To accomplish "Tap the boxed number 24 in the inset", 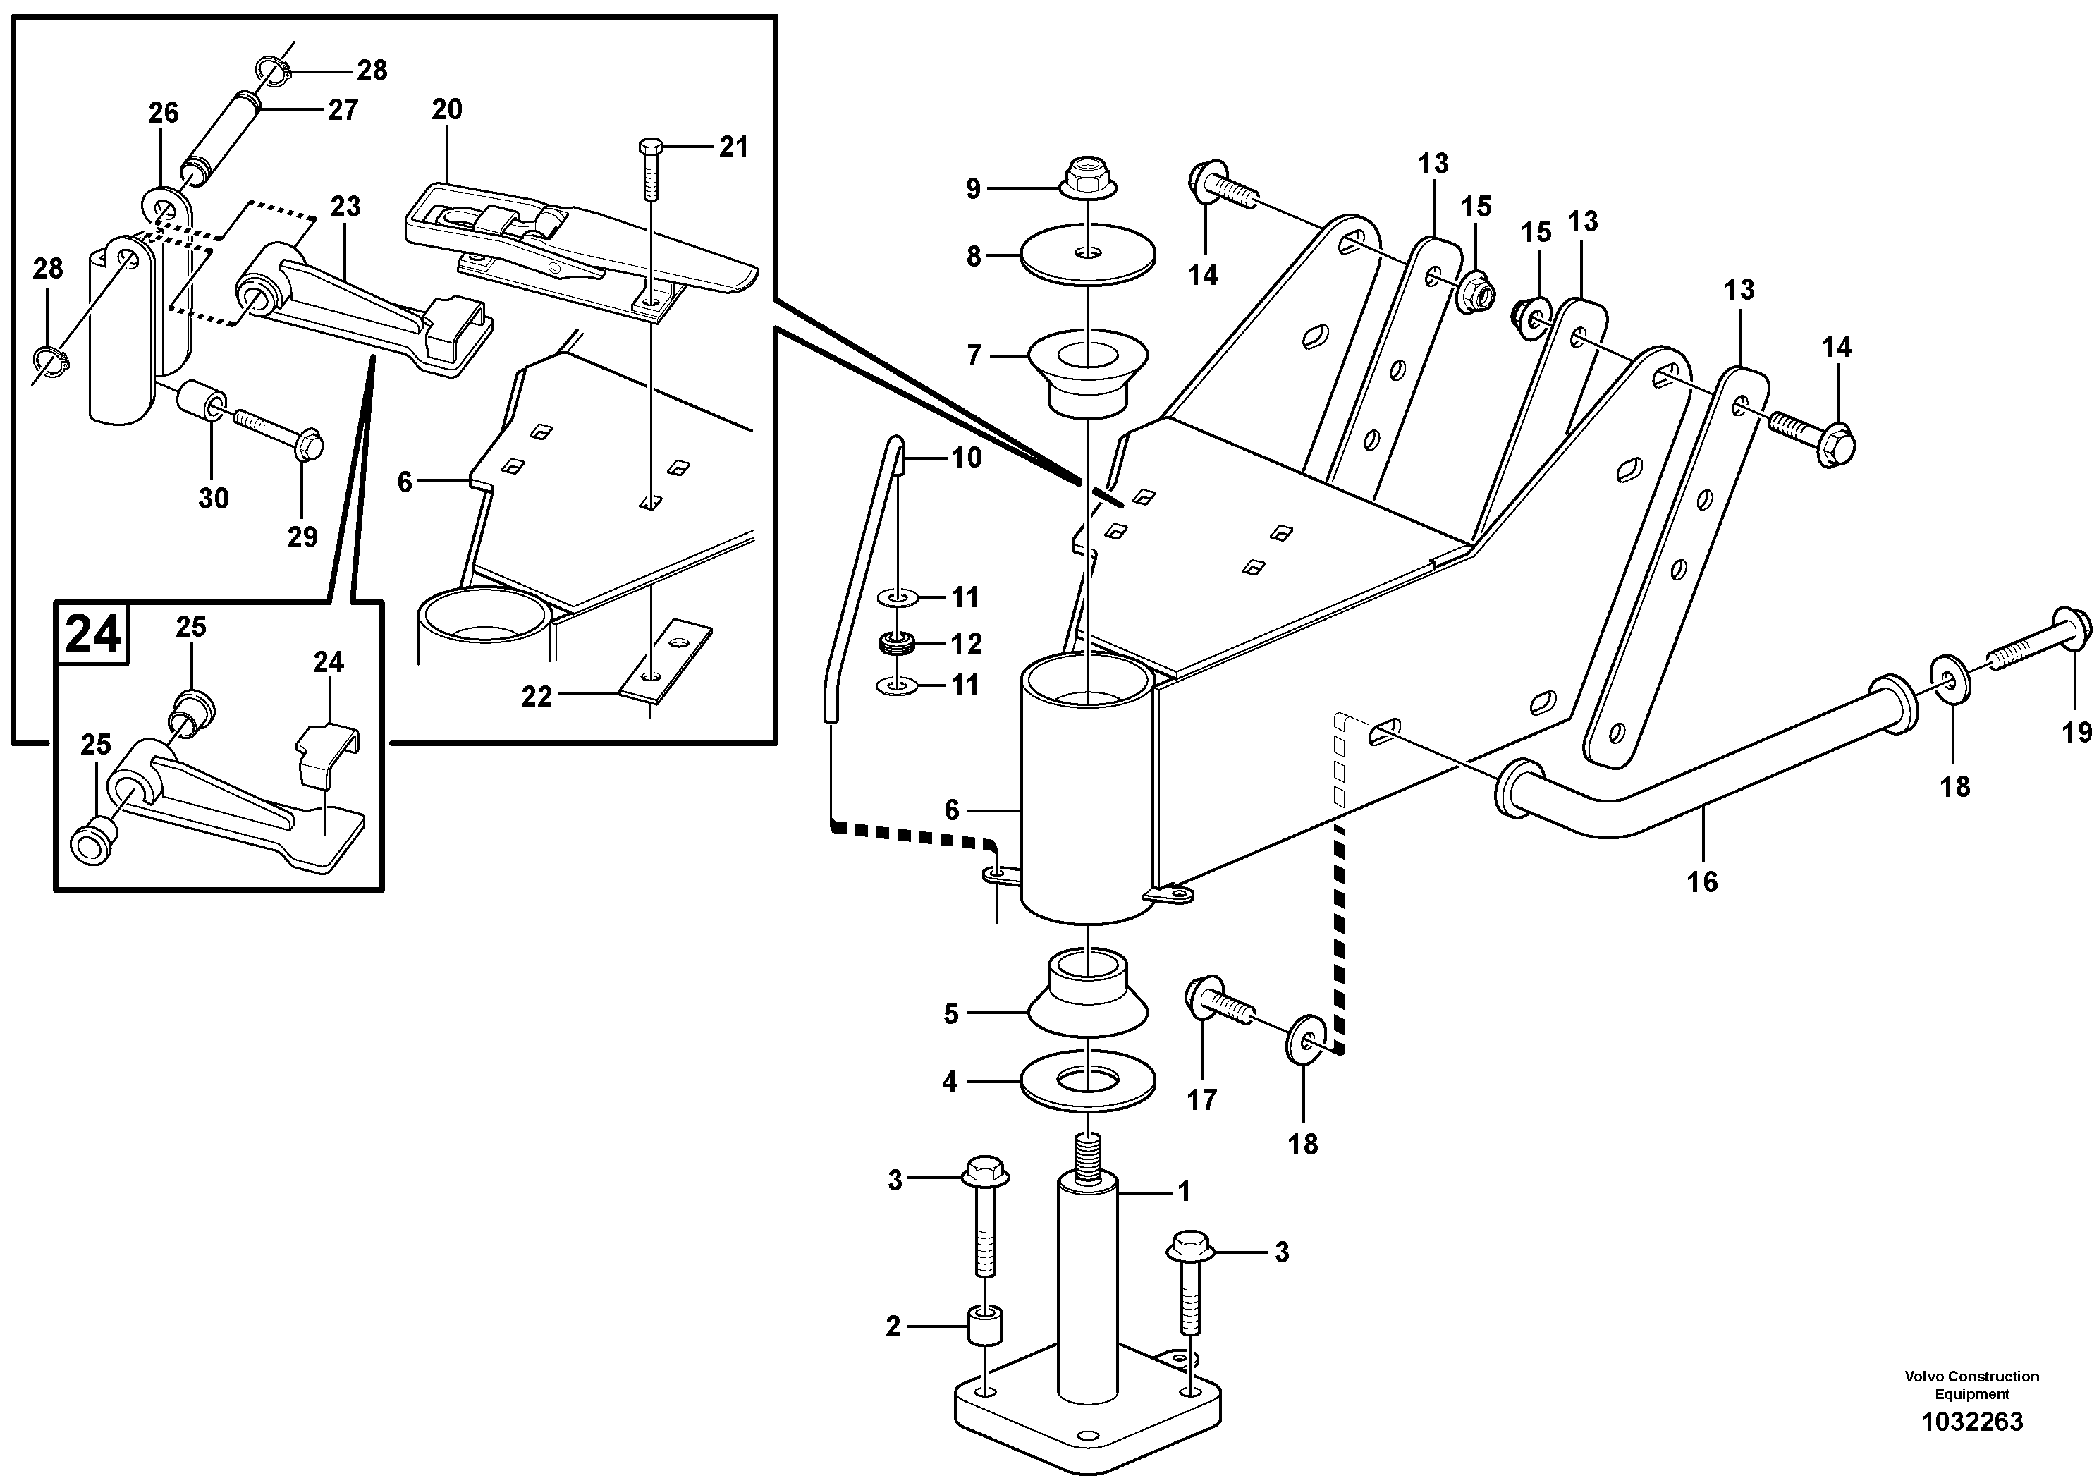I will pos(92,633).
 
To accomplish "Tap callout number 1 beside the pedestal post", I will pos(1183,1191).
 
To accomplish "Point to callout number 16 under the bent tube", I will pos(1702,881).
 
